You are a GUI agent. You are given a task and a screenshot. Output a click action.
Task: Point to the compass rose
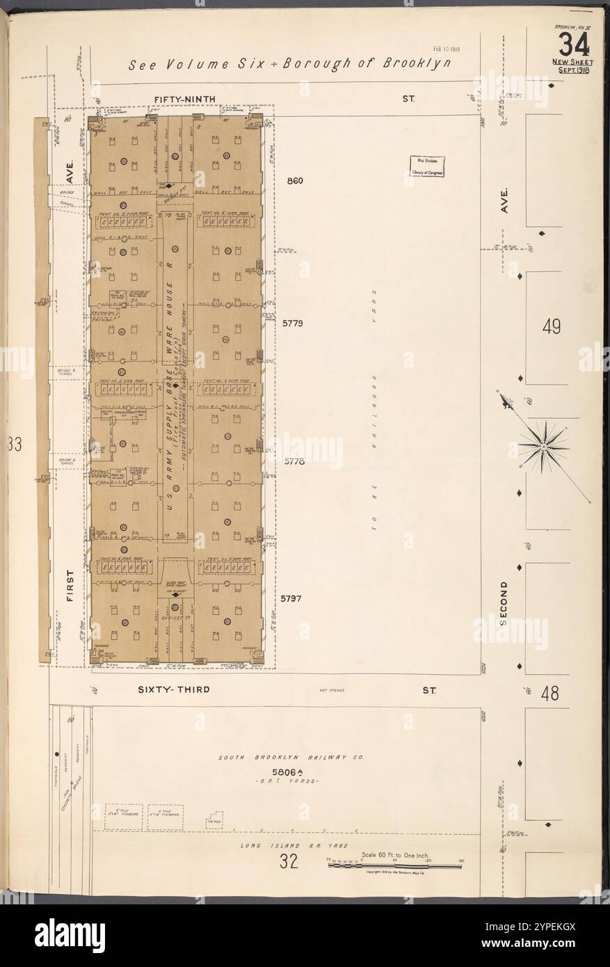pyautogui.click(x=542, y=444)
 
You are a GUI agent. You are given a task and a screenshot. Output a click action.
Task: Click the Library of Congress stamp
pyautogui.click(x=428, y=166)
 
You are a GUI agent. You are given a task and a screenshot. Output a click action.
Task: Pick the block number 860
pyautogui.click(x=296, y=182)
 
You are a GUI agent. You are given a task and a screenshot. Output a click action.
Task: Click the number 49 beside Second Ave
pyautogui.click(x=552, y=326)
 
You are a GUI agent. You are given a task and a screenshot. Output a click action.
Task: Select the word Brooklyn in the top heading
pyautogui.click(x=416, y=64)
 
